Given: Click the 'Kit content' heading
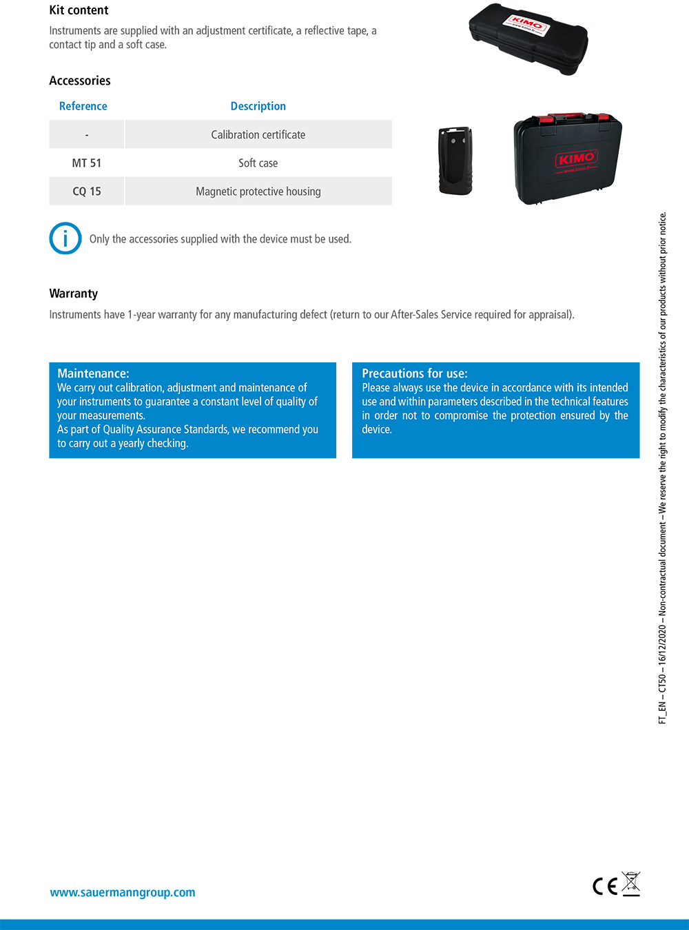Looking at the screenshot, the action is tap(79, 10).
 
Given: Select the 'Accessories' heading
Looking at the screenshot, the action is tap(80, 81).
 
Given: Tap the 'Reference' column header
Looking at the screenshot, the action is tap(83, 106).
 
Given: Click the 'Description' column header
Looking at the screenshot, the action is tap(258, 106).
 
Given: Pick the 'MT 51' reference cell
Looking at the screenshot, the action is tap(86, 163).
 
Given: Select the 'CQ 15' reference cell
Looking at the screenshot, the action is tap(86, 192).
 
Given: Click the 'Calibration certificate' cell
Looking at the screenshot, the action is tap(258, 134).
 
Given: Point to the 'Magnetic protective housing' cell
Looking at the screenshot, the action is tap(258, 192).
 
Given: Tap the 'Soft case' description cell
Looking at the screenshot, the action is tap(258, 163).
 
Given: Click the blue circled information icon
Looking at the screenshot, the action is tap(65, 238).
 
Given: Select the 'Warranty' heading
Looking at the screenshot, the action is tap(74, 293).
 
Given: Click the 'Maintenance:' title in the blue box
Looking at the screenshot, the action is tap(93, 373).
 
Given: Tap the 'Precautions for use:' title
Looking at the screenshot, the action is tap(414, 373).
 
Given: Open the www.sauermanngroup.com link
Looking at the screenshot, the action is tap(123, 892).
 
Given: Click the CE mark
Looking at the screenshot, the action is tap(605, 887).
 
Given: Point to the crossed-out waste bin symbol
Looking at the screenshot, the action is tap(630, 883).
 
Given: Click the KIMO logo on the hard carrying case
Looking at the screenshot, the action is tap(577, 159).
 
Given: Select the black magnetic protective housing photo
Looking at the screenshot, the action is tap(455, 161).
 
